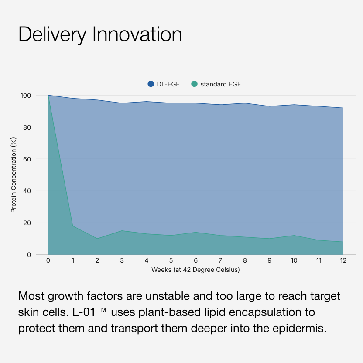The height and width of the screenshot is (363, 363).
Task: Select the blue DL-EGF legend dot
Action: coord(151,84)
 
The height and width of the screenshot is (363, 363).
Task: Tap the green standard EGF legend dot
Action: coord(195,84)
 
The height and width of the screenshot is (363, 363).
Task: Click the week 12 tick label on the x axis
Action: coord(343,260)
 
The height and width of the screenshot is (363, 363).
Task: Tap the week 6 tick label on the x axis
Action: coord(195,260)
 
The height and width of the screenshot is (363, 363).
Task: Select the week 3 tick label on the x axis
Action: coord(122,260)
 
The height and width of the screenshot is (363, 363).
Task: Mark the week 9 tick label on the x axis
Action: coord(269,260)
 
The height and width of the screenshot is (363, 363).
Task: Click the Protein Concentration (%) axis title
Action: coord(14,175)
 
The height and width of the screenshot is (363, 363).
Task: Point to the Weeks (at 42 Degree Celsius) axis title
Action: coord(195,270)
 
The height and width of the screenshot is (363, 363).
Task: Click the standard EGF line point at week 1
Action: coord(72,226)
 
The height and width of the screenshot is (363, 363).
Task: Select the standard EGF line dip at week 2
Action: coord(97,239)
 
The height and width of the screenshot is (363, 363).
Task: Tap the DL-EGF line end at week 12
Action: coord(343,108)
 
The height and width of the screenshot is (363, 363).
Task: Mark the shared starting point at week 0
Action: coord(48,95)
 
